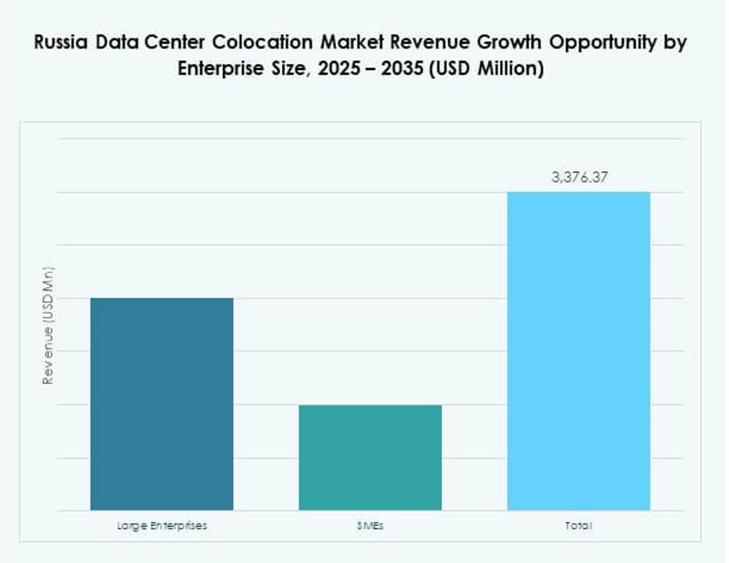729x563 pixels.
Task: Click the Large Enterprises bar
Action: click(162, 404)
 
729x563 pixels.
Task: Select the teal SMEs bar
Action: click(370, 457)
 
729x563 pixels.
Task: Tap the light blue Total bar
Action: click(579, 351)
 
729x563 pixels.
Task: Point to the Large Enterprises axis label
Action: click(162, 526)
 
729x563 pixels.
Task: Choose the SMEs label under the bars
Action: click(370, 526)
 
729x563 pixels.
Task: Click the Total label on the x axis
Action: click(579, 526)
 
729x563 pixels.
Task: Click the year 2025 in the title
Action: click(338, 69)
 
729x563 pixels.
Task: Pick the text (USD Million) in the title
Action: click(486, 69)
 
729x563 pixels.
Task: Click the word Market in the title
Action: click(352, 43)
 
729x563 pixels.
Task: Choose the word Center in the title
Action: click(186, 43)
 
